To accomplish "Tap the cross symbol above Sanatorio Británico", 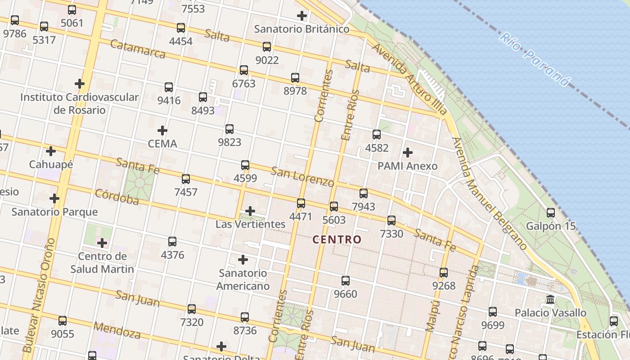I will click(302, 16).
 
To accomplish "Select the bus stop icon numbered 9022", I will click(267, 46).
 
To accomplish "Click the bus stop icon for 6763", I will click(244, 70).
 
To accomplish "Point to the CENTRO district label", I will click(337, 239).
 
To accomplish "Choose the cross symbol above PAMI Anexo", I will click(408, 153).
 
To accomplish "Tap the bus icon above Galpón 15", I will click(551, 212).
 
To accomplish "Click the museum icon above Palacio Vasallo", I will click(550, 299).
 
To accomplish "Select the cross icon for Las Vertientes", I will click(250, 211).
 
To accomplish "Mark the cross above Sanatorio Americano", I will click(243, 259).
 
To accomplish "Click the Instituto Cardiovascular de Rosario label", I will click(80, 103).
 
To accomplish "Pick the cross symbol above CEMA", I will click(162, 130).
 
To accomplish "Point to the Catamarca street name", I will click(138, 49).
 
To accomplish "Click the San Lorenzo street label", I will click(302, 177).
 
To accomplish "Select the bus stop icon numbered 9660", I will click(346, 280).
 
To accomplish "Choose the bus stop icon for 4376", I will click(172, 241).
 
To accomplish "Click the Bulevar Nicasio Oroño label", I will click(39, 295).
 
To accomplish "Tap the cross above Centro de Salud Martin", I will click(102, 243).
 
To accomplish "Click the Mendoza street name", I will click(117, 330).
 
